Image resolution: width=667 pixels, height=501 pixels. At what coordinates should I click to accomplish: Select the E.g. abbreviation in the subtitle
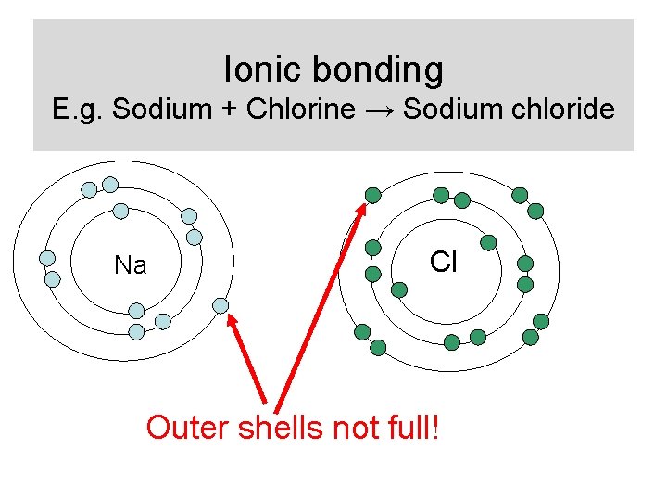pos(79,109)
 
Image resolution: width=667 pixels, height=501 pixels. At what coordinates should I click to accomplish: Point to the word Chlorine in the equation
pos(300,109)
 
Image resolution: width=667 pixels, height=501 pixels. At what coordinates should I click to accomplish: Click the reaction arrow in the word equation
pos(380,110)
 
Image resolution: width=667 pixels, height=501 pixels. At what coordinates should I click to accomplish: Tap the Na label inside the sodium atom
pos(130,266)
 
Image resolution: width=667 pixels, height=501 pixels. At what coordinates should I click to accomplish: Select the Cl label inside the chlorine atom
pos(444,263)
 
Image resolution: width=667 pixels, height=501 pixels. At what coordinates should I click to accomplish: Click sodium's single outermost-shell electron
pos(220,305)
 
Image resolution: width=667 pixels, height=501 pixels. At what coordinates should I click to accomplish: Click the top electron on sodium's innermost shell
pos(120,211)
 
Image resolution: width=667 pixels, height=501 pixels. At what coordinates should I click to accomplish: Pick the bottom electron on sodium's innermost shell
pos(136,311)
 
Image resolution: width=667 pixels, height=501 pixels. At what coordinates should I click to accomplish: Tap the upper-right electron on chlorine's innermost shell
pos(488,242)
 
